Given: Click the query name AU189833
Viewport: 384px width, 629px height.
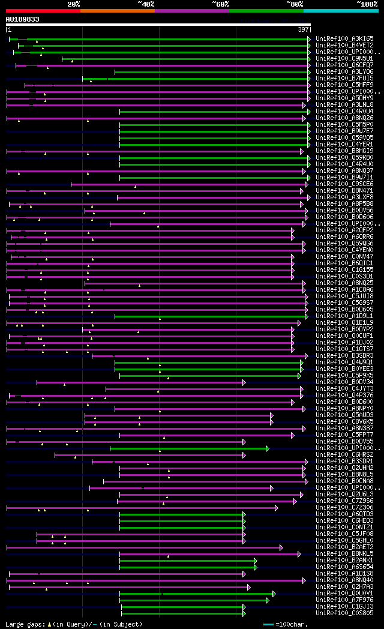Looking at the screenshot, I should click(23, 19).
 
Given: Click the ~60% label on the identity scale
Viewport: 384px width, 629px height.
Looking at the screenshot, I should click(220, 4).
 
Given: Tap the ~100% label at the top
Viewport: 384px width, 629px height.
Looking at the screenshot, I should click(367, 4).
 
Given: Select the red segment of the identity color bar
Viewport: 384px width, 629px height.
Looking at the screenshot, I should click(43, 11).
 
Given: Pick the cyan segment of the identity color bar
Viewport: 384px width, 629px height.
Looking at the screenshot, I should click(340, 11).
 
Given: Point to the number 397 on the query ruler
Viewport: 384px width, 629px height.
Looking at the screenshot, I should click(303, 29).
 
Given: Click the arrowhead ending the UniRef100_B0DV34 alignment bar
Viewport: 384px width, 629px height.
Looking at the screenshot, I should click(244, 382).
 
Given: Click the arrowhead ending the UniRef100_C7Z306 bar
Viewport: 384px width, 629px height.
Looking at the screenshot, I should click(277, 508).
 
